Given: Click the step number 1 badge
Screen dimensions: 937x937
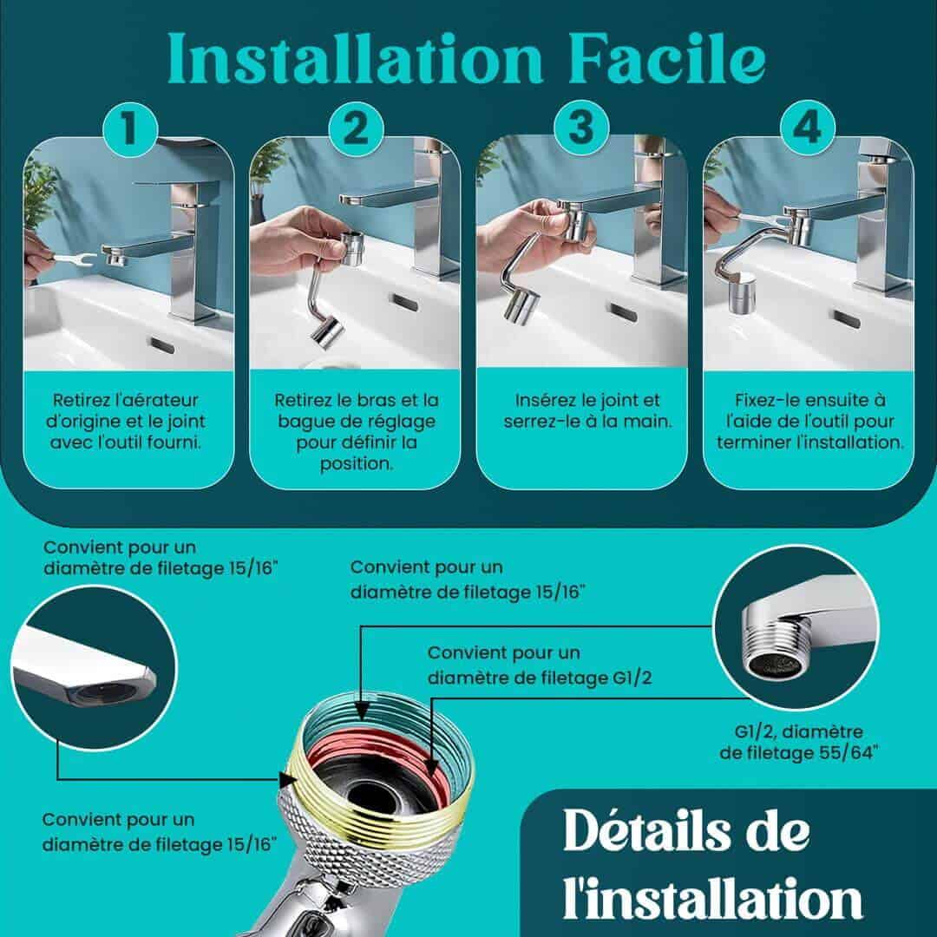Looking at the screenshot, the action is (x=129, y=128).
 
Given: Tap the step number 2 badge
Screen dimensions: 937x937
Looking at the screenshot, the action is (x=357, y=128).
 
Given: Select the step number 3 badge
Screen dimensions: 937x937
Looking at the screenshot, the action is (x=581, y=128).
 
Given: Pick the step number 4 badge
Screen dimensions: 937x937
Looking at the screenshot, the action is (x=808, y=128).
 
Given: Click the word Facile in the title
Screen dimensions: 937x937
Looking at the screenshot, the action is (x=667, y=59).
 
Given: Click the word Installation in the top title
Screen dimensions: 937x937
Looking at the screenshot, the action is (x=355, y=59).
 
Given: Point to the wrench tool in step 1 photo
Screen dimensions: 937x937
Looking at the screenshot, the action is (x=75, y=259).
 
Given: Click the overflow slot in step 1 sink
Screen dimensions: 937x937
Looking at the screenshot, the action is (x=161, y=344).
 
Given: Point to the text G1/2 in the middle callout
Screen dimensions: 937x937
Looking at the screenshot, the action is (x=632, y=678).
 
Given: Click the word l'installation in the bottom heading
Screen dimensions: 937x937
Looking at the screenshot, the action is (x=713, y=898).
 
